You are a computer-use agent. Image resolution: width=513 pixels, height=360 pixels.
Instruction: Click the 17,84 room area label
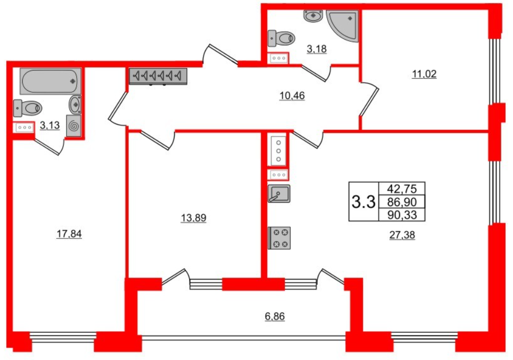(x=69, y=234)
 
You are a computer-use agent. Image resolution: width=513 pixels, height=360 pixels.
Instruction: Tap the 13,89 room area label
(x=193, y=218)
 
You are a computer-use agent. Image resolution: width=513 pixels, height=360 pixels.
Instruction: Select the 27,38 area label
(x=402, y=235)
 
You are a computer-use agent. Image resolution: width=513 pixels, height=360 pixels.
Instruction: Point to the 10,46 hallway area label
(x=292, y=95)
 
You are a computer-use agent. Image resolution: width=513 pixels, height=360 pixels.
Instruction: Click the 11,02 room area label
(x=424, y=74)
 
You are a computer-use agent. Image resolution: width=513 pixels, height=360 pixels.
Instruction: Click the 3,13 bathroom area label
(x=50, y=125)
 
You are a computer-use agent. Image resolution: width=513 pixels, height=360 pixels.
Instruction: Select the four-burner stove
(x=279, y=238)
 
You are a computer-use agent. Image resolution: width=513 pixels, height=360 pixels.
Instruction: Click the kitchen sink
(x=279, y=193)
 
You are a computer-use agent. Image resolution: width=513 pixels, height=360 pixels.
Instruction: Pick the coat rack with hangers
(x=159, y=76)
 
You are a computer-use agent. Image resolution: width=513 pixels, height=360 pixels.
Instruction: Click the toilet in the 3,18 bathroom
(x=281, y=38)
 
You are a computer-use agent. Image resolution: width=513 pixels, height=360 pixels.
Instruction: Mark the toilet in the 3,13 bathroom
(x=28, y=108)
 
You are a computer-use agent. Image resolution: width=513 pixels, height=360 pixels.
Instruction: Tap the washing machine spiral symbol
(x=75, y=125)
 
